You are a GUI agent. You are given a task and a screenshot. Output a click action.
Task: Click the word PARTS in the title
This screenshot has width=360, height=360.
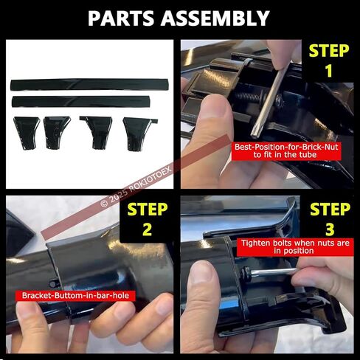coord(121,18)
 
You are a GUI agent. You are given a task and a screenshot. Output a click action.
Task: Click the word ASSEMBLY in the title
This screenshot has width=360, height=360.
coord(215,18)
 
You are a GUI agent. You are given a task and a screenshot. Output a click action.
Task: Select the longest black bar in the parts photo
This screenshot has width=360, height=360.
coord(90,84)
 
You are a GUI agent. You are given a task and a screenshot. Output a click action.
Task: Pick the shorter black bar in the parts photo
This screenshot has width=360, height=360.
coord(81,101)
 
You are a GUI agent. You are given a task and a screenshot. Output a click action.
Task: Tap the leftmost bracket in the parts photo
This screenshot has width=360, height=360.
coord(27,133)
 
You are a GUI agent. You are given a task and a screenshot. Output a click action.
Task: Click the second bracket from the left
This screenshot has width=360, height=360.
coord(57,132)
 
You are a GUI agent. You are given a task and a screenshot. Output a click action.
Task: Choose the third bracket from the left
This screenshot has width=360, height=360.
coord(97,132)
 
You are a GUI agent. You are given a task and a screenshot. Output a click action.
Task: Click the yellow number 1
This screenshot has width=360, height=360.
coord(329,71)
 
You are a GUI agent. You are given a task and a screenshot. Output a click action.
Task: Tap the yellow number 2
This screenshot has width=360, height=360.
coord(147,229)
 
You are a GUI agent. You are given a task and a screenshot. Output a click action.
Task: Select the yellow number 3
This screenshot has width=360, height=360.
coord(330,229)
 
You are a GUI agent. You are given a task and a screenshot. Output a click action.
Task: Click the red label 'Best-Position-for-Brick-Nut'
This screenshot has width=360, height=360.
coord(286,151)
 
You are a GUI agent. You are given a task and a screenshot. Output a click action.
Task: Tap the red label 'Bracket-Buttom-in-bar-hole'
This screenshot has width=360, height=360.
coord(75,295)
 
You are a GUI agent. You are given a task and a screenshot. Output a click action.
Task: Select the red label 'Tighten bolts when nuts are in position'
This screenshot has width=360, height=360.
coord(295,247)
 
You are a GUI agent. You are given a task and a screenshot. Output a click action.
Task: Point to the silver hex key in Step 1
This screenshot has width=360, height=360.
coord(270,101)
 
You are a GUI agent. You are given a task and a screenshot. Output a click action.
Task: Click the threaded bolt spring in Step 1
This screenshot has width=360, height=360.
coord(249,94)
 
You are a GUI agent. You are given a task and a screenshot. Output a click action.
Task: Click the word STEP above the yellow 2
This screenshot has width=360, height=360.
coord(148,210)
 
